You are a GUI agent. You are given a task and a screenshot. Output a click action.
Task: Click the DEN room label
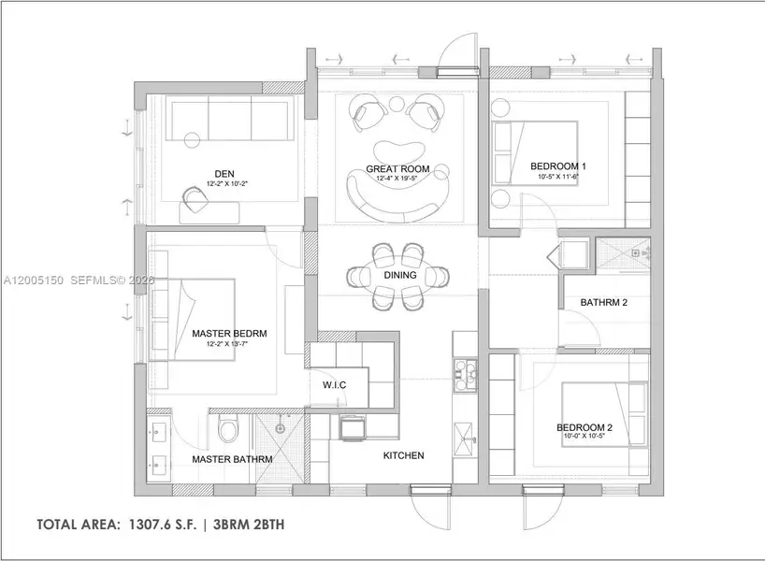224,173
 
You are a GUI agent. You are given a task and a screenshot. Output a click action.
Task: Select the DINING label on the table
400,276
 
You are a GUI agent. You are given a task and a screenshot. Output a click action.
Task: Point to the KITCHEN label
403,455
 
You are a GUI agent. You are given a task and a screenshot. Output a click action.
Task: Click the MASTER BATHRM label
232,459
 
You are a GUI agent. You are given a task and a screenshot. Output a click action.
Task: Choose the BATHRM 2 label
603,303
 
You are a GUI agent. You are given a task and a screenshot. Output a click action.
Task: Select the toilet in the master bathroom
228,431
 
